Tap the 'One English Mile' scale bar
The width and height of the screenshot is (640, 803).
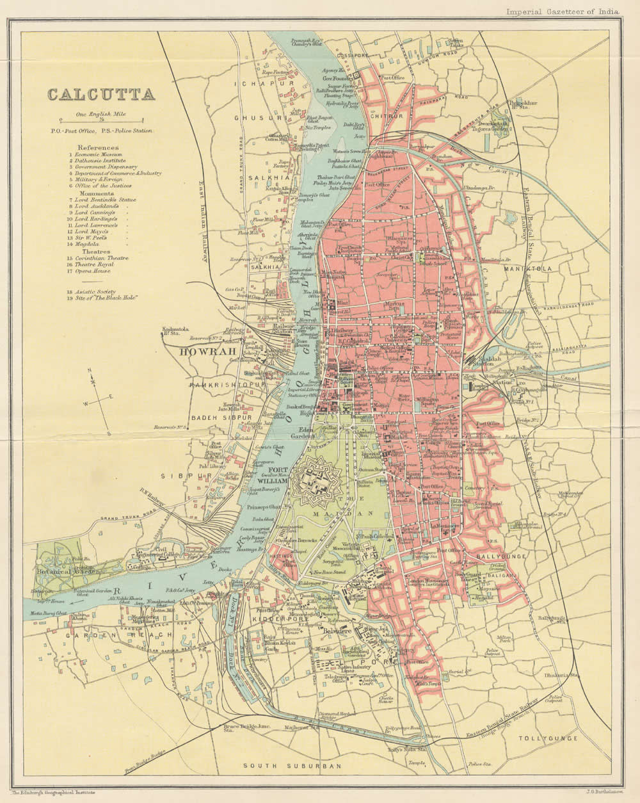click(101, 119)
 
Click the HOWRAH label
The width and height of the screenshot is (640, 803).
click(203, 352)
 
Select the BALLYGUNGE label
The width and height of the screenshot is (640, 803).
click(502, 557)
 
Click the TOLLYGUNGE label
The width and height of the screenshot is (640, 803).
click(550, 738)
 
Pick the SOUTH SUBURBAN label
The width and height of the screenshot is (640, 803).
click(292, 766)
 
